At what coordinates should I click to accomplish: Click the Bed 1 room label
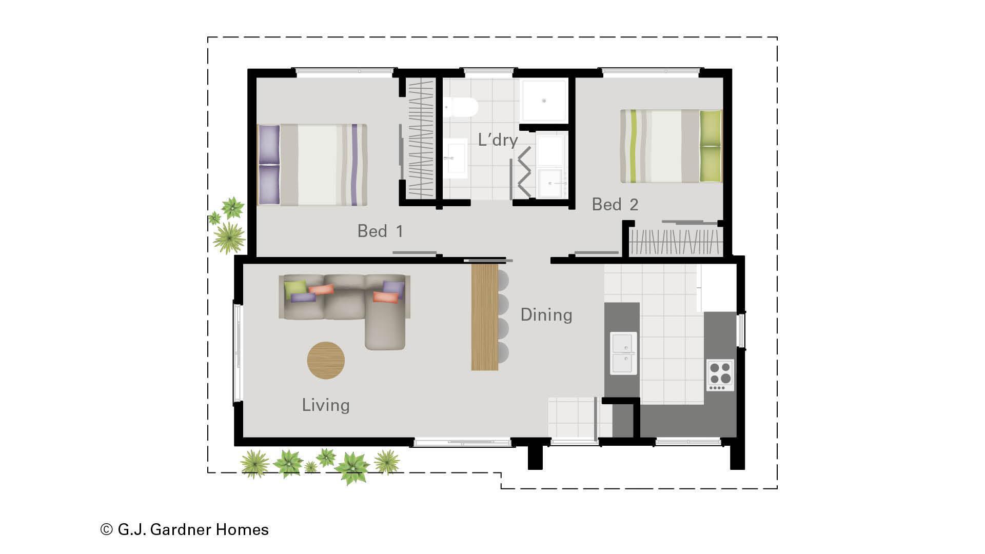tap(380, 231)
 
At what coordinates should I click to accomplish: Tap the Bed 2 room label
tap(615, 205)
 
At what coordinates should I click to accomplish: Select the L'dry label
tap(498, 140)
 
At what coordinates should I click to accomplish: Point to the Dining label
tap(546, 314)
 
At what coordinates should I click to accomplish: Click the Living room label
tap(326, 405)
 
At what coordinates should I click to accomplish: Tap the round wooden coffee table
tap(326, 361)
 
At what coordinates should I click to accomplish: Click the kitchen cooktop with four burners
tap(720, 375)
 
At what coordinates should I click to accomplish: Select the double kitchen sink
tap(624, 353)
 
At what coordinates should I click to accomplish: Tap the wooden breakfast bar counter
tap(485, 316)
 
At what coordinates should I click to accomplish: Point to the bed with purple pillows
tap(312, 165)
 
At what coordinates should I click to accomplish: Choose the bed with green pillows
tap(671, 146)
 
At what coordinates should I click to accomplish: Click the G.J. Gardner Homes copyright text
tap(185, 529)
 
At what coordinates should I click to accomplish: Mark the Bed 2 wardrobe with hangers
tap(675, 242)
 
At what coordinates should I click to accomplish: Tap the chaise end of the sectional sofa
tap(385, 328)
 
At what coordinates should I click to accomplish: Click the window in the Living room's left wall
tap(238, 353)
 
